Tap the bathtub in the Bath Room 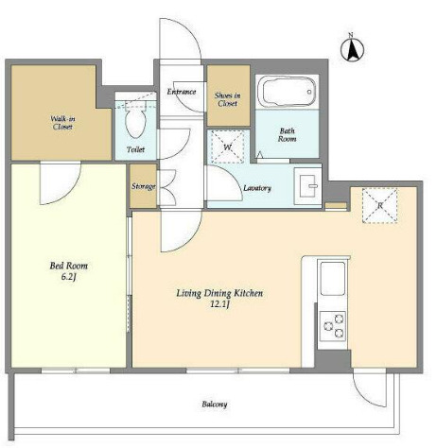pyautogui.click(x=287, y=92)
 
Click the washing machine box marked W pyautogui.click(x=228, y=146)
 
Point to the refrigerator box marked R pyautogui.click(x=379, y=205)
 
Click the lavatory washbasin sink pyautogui.click(x=307, y=186)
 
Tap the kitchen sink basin pyautogui.click(x=332, y=279)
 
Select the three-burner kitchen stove pyautogui.click(x=332, y=326)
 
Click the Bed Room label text pyautogui.click(x=69, y=266)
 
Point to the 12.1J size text pyautogui.click(x=219, y=304)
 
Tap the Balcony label pyautogui.click(x=215, y=404)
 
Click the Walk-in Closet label pyautogui.click(x=62, y=123)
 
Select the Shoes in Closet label pyautogui.click(x=228, y=99)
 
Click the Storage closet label pyautogui.click(x=144, y=186)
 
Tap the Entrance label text pyautogui.click(x=182, y=92)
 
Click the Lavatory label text pyautogui.click(x=257, y=188)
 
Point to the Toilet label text pyautogui.click(x=135, y=149)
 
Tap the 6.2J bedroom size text pyautogui.click(x=69, y=277)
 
